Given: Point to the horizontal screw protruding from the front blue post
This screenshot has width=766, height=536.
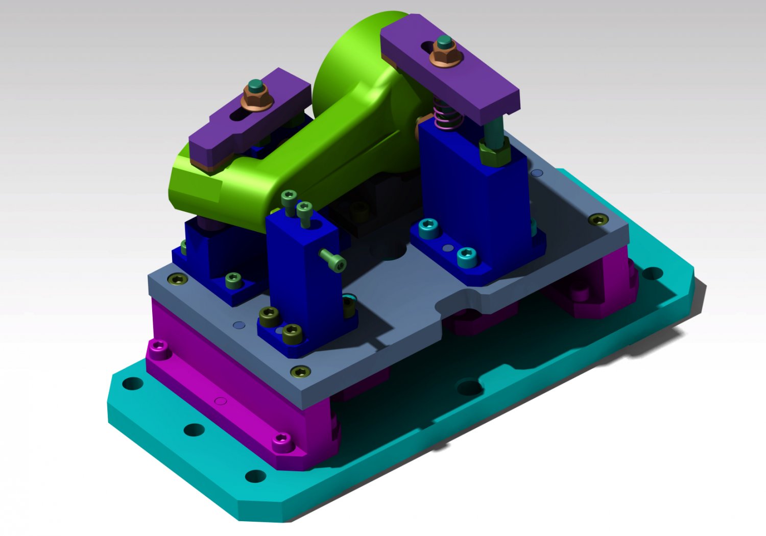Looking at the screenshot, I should click(x=333, y=259).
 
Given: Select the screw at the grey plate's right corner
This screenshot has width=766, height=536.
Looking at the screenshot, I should click(x=598, y=220).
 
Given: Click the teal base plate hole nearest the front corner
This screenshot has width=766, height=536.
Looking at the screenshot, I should click(x=255, y=476).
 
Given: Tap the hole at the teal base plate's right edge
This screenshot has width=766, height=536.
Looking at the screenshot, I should click(x=652, y=274).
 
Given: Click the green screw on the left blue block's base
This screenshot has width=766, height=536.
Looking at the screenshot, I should click(x=233, y=280).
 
